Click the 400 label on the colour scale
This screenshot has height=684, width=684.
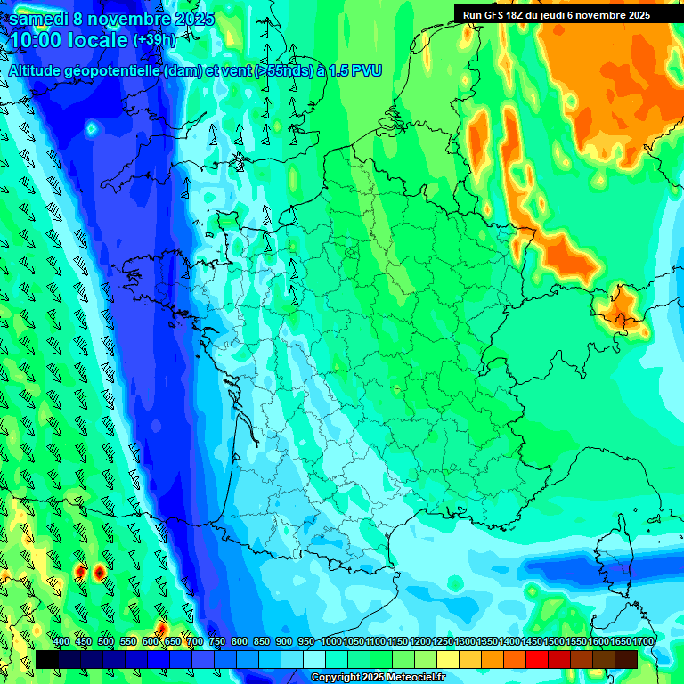[x=61, y=642]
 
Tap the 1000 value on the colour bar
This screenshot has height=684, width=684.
[x=331, y=642]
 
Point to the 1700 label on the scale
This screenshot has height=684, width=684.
[x=643, y=642]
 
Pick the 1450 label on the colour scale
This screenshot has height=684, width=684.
[x=532, y=642]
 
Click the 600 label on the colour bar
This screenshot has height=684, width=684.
[x=151, y=642]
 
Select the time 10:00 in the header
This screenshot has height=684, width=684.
[x=36, y=40]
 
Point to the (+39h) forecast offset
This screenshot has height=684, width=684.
[x=153, y=40]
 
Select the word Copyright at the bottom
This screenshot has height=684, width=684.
[x=335, y=677]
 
